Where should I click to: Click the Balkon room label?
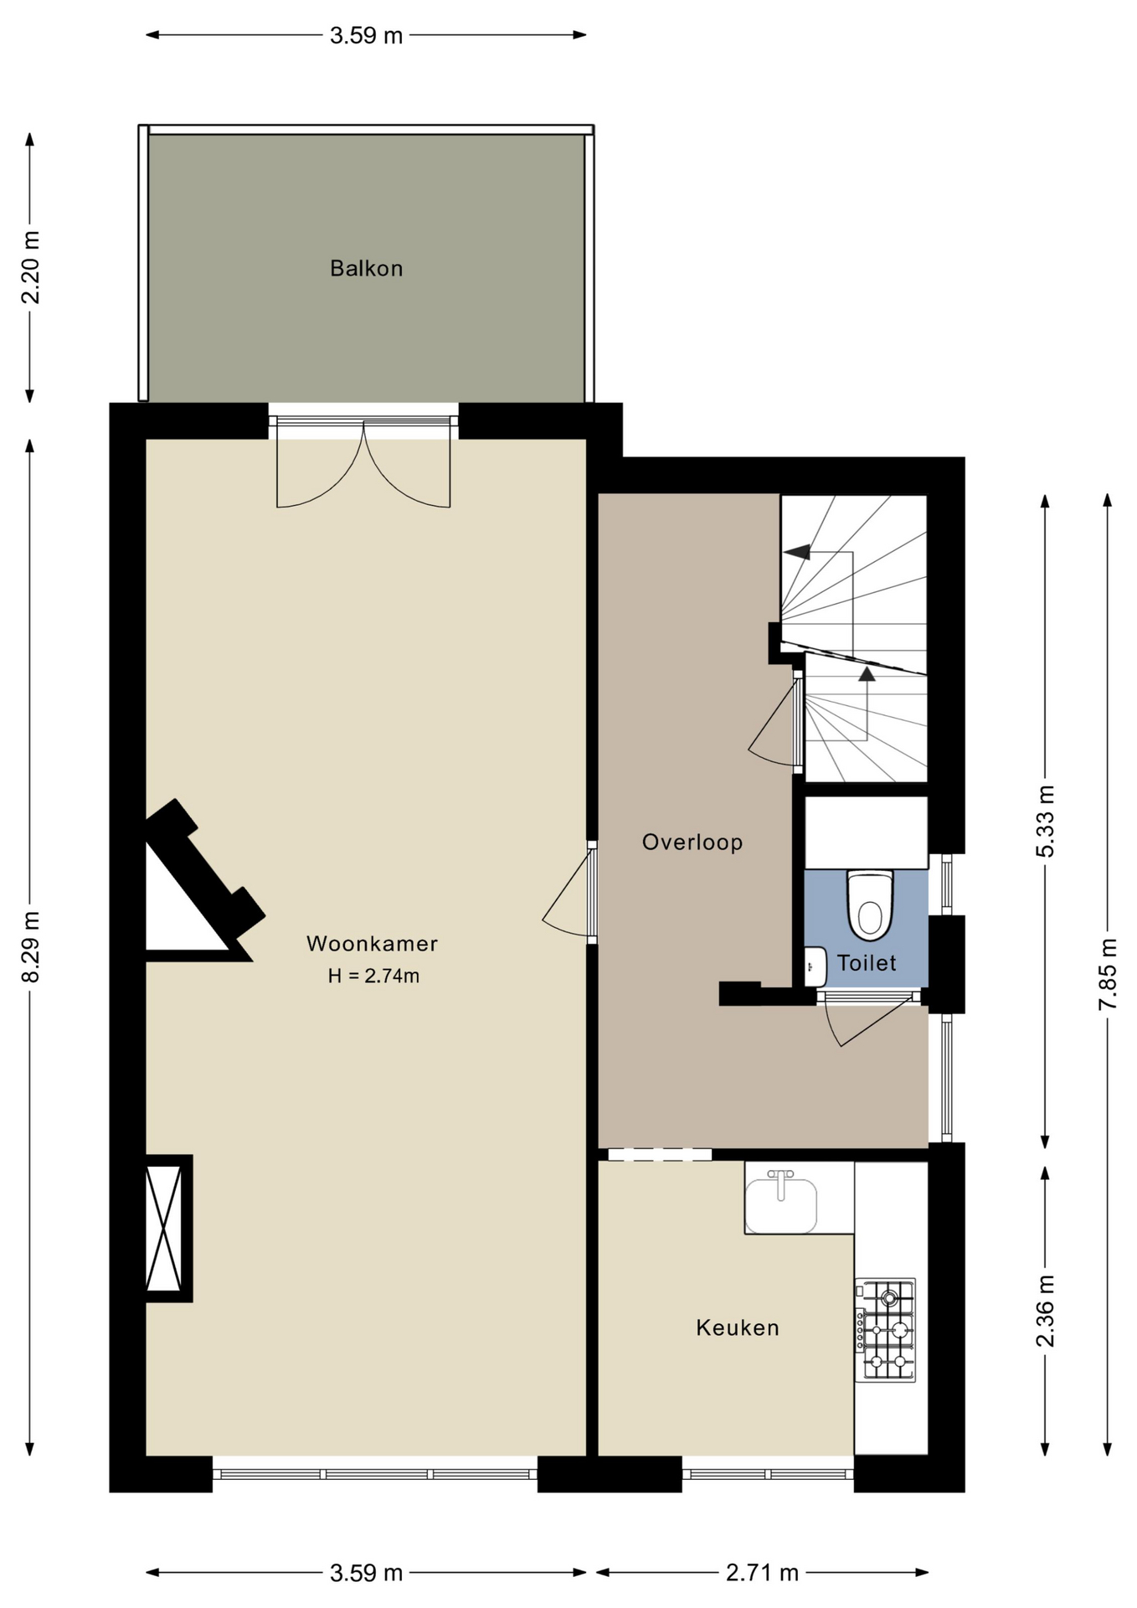[366, 269]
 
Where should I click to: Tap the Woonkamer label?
[372, 944]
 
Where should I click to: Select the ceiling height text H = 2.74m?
[373, 976]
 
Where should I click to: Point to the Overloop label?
[692, 843]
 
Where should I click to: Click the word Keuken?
[738, 1327]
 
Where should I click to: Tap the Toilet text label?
[867, 963]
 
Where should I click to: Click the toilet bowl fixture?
[871, 905]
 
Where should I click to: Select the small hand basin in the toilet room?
[815, 966]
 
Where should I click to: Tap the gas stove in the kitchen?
[885, 1330]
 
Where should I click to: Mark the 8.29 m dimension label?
[30, 946]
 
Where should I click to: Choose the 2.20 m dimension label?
[30, 267]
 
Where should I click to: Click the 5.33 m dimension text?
[1045, 821]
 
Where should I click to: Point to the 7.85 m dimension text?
[1108, 974]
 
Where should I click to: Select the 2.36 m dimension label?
[1045, 1311]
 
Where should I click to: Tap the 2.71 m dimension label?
[762, 1573]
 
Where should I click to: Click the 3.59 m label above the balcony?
[366, 35]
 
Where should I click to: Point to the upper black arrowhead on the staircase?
[797, 552]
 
